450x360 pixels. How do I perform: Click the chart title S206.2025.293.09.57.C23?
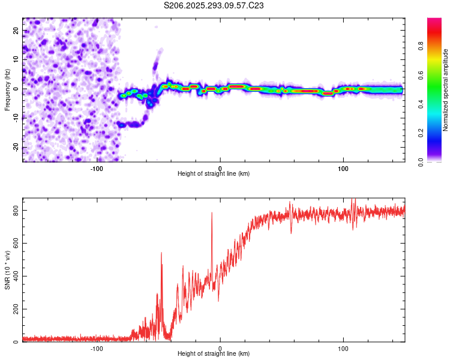(x=214, y=5)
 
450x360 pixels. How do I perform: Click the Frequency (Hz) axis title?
(x=7, y=89)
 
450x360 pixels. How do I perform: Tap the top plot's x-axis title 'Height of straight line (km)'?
(x=214, y=173)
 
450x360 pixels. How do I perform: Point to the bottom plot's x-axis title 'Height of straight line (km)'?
(x=214, y=354)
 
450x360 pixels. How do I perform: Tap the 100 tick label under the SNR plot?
(x=343, y=348)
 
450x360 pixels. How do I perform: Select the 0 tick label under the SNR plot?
(x=220, y=348)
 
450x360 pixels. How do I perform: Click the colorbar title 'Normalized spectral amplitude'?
(x=446, y=90)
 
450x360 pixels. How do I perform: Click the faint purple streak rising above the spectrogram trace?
(x=157, y=60)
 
